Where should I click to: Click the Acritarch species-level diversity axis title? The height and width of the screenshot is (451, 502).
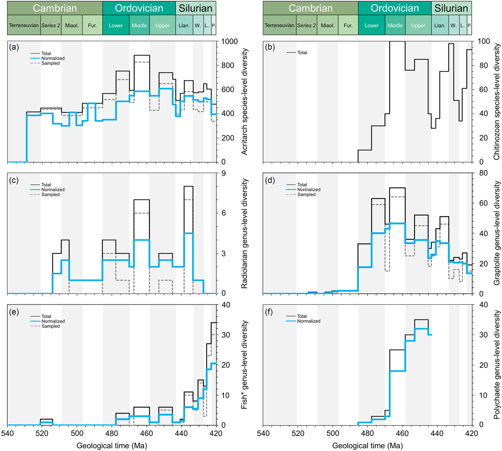[x=244, y=102]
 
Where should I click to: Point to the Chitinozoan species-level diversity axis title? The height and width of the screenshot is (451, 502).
[x=497, y=102]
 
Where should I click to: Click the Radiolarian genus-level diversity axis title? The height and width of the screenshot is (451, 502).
[x=244, y=233]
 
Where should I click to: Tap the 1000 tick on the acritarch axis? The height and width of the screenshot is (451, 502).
[x=230, y=42]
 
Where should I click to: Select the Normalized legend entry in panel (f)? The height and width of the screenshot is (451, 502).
[x=308, y=321]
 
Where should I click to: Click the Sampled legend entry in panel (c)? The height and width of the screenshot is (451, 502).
[x=50, y=195]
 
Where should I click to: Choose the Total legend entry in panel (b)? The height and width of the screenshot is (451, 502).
[x=302, y=53]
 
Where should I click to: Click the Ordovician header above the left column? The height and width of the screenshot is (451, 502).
[x=139, y=8]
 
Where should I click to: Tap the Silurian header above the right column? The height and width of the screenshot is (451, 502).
[x=451, y=8]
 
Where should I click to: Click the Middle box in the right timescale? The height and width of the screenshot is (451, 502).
[x=395, y=25]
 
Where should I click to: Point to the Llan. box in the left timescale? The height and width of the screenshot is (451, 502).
[x=184, y=25]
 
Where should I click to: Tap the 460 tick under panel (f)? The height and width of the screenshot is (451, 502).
[x=402, y=433]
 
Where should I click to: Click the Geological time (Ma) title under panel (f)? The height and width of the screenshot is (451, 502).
[x=367, y=446]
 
